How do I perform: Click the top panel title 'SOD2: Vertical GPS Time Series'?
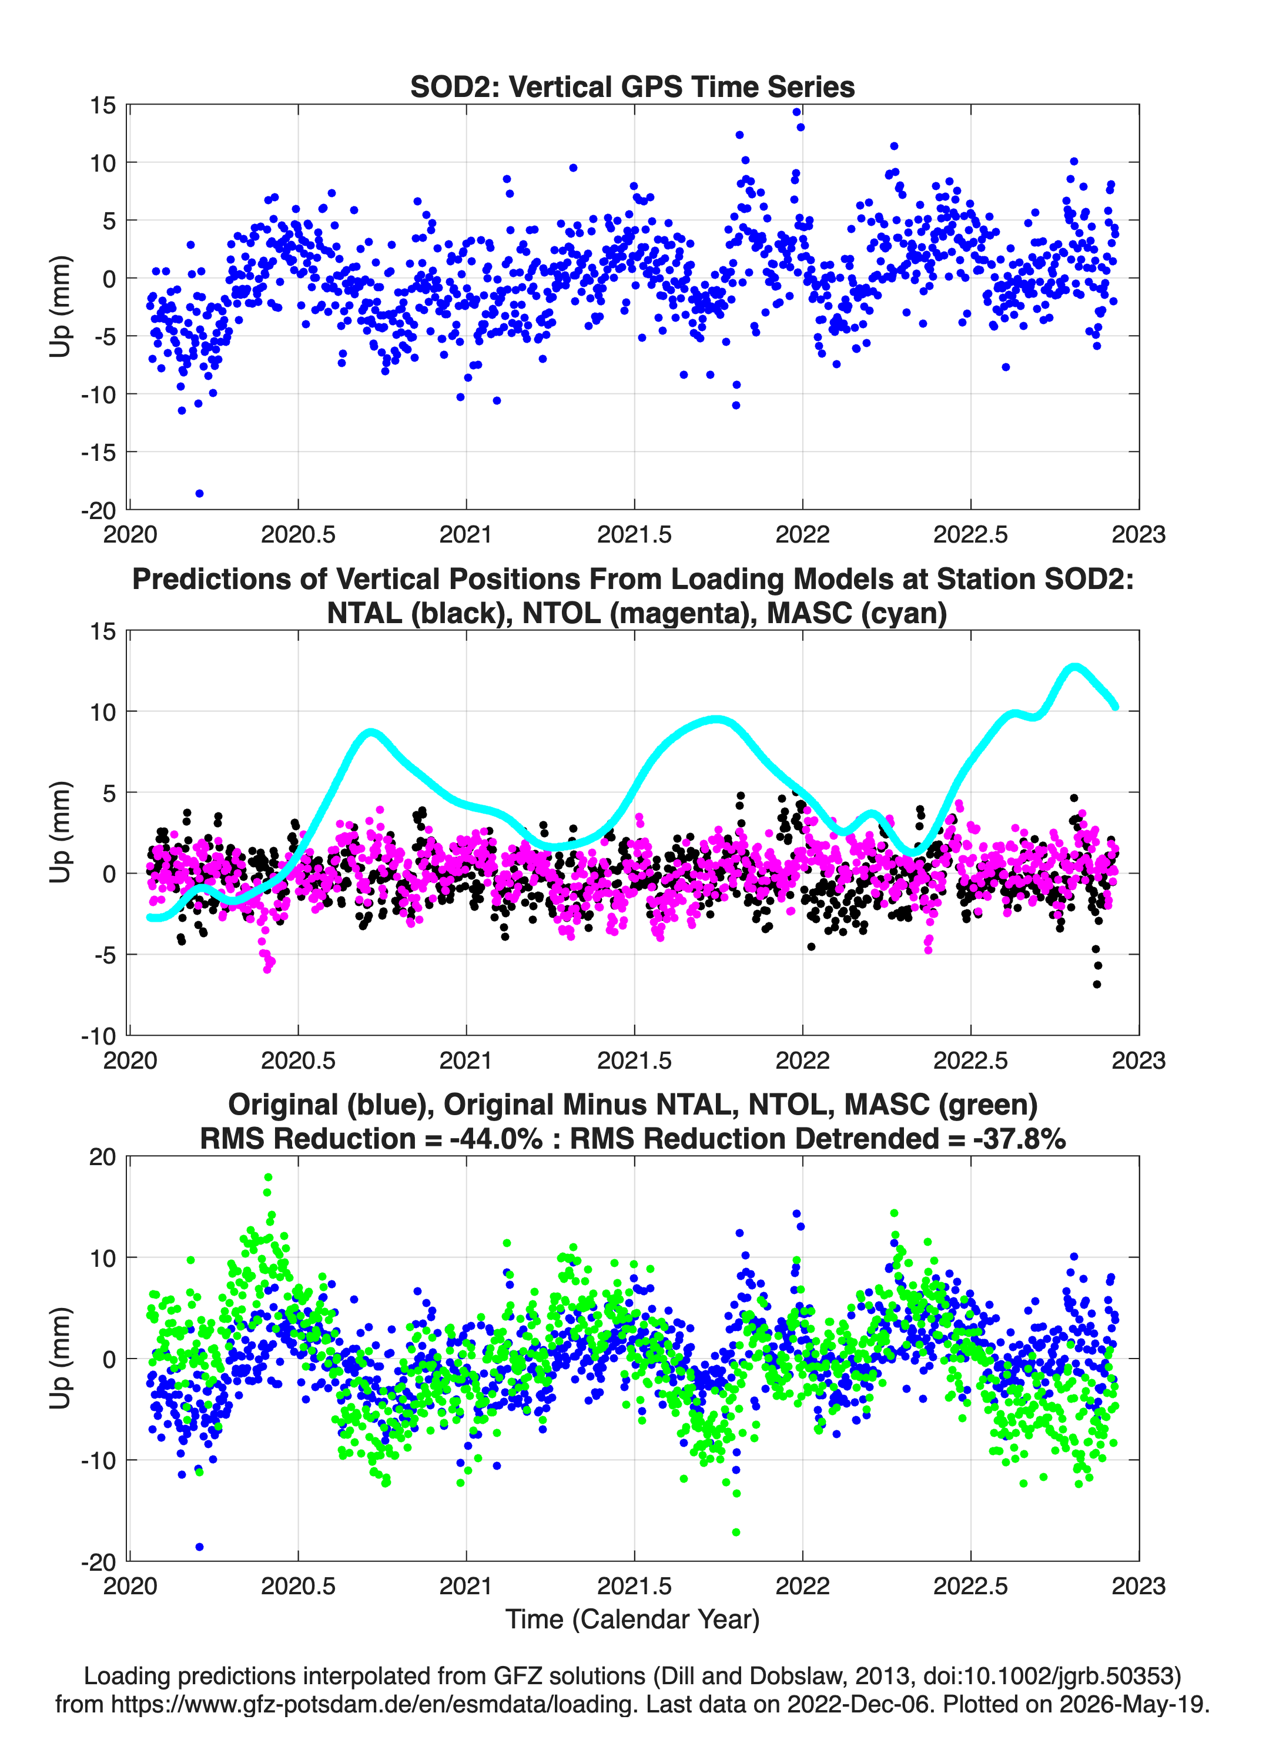pos(632,86)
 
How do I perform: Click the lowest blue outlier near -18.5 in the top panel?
pos(199,493)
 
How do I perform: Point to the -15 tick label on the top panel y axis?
pos(98,452)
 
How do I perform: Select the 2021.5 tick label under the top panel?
pos(635,534)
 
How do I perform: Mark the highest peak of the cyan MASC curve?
pos(1074,667)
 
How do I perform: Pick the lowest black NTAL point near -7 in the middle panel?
pos(1097,984)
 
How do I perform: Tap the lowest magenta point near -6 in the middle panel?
pos(267,968)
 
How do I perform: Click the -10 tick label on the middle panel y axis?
pos(98,1036)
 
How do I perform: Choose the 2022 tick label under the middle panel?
pos(802,1061)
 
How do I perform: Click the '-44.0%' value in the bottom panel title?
pos(495,1139)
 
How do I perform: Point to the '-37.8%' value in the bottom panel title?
pos(1020,1139)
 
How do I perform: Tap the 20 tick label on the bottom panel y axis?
pos(103,1157)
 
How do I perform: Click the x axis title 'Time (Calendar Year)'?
pos(632,1618)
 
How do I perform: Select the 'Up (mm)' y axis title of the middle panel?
pos(61,832)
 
